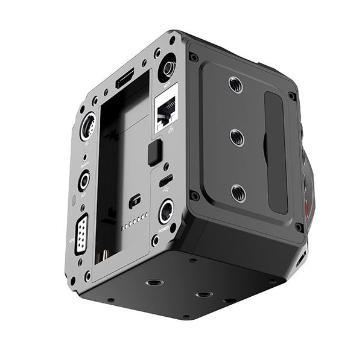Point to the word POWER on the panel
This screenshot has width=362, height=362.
coord(165,230)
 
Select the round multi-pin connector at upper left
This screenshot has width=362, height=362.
coord(88,126)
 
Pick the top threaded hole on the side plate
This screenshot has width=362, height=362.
coord(236,84)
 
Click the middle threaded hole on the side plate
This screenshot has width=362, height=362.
coord(237,138)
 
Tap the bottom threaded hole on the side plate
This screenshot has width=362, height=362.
coord(238,193)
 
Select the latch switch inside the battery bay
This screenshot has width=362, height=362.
coord(135,201)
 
